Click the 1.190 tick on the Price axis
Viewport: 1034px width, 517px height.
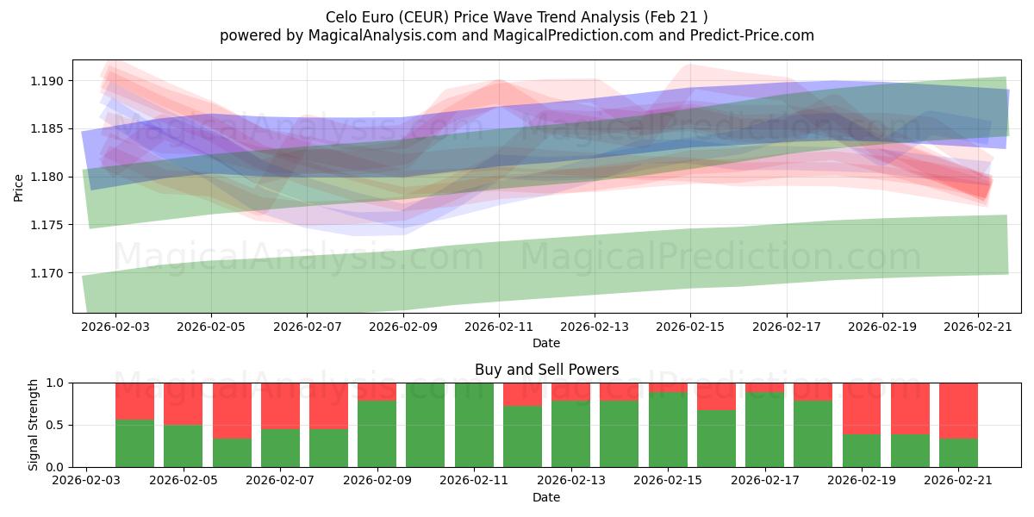tap(47, 81)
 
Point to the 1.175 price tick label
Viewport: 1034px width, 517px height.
tap(47, 225)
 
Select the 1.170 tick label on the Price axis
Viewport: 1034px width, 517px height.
tap(47, 273)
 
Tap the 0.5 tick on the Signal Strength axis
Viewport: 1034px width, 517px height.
tap(54, 425)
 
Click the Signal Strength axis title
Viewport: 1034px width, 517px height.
tap(33, 425)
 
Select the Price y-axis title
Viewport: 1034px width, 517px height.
tap(18, 188)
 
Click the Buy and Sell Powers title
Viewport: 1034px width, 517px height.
tap(546, 370)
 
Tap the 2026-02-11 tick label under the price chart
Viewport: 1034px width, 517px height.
tap(499, 327)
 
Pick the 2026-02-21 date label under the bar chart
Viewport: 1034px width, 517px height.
tap(958, 481)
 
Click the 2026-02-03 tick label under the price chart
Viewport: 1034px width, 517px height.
tap(115, 327)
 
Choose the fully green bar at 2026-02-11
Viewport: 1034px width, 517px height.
tap(474, 425)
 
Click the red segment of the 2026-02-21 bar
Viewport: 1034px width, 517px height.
tap(958, 411)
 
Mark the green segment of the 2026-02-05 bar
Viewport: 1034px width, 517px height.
tap(184, 446)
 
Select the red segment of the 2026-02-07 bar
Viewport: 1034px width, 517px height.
tap(280, 406)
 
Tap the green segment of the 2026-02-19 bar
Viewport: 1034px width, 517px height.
tap(862, 451)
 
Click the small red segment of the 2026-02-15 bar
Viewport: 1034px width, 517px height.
tap(668, 388)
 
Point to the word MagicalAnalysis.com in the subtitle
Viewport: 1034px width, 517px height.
tap(383, 35)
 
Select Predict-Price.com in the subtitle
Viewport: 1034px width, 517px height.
tap(752, 35)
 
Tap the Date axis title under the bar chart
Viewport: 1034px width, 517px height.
tap(546, 497)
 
